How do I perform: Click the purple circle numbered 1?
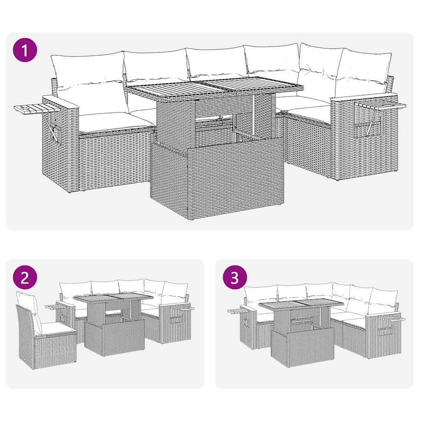tap(25, 50)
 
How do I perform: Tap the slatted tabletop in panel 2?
tap(113, 297)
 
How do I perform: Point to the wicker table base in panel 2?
tap(114, 337)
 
